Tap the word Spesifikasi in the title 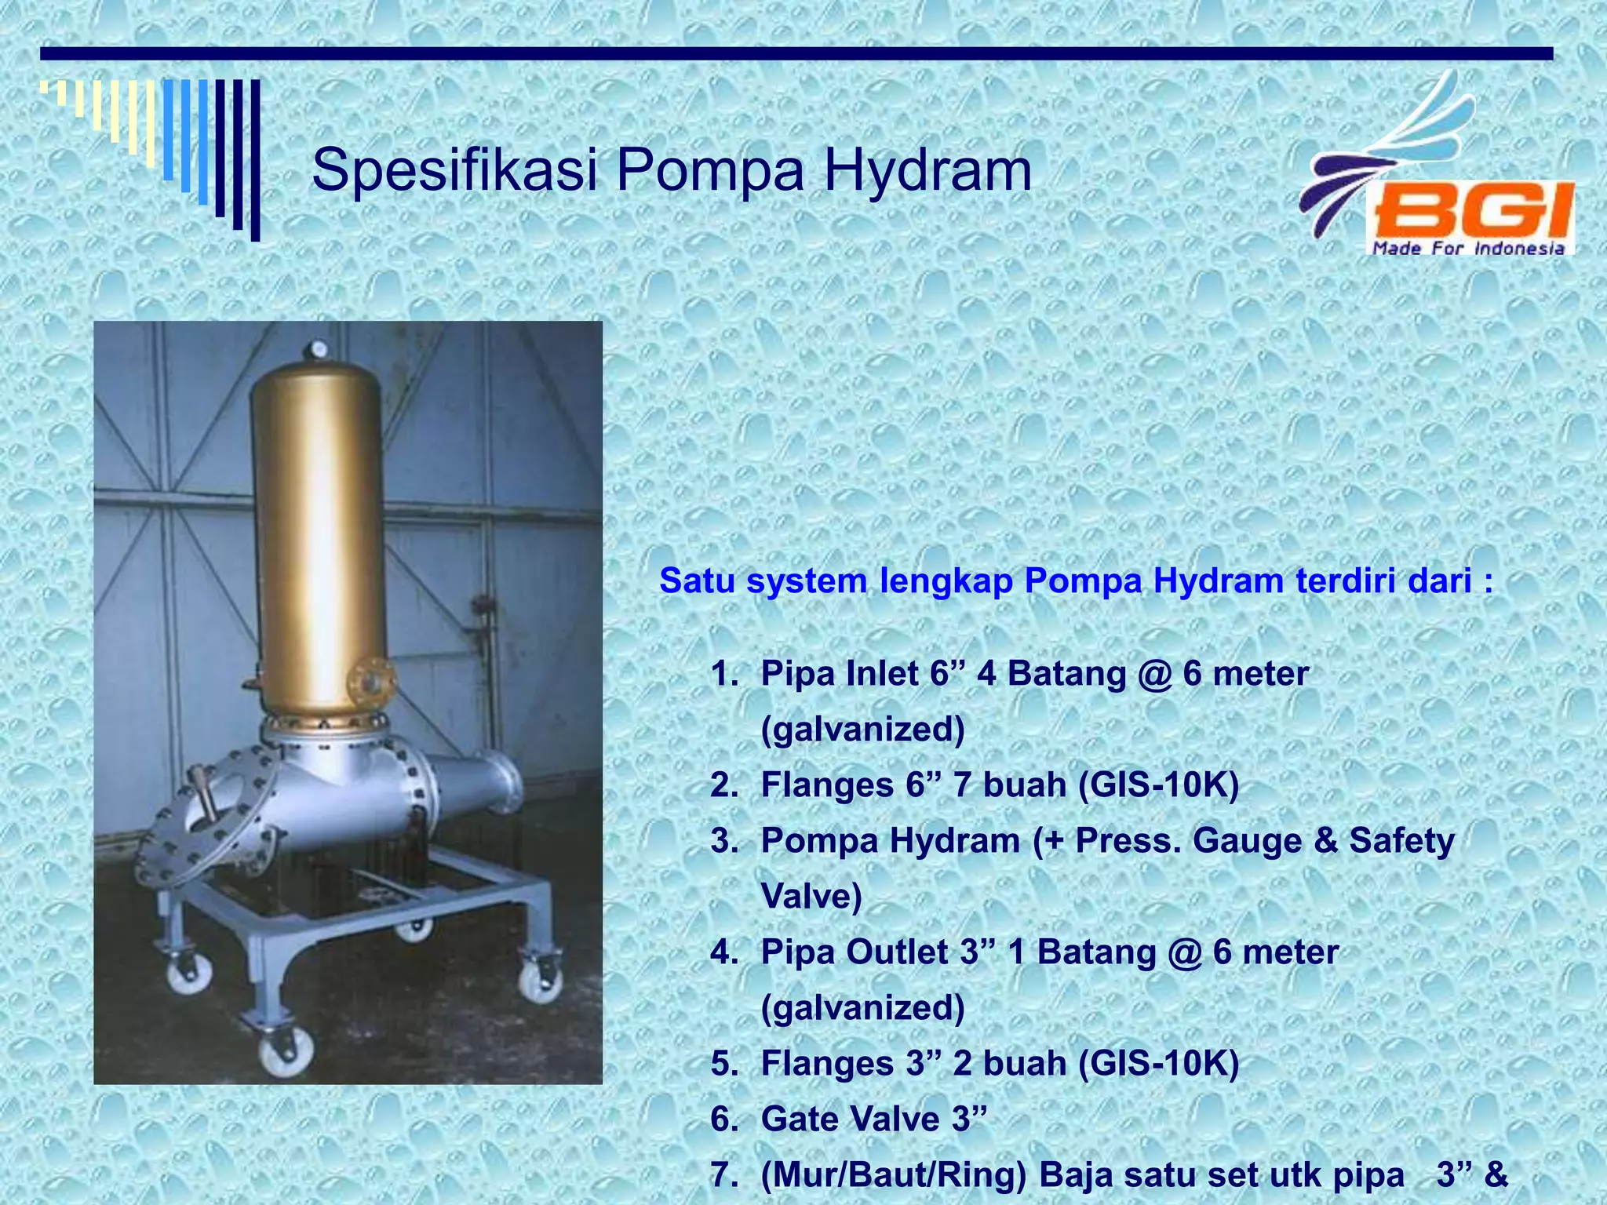tap(455, 171)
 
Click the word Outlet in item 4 tap(897, 952)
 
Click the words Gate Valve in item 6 tap(850, 1119)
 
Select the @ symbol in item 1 tap(1153, 674)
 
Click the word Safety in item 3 tap(1401, 841)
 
